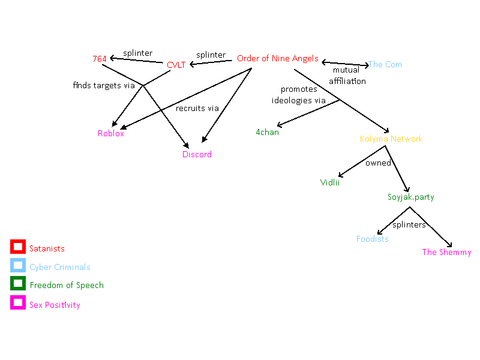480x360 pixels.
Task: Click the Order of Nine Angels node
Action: tap(277, 58)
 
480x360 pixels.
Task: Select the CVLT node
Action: tap(176, 65)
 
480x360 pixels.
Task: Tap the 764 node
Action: tap(100, 59)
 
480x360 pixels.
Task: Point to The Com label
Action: tap(385, 64)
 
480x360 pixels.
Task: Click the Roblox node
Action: tap(111, 133)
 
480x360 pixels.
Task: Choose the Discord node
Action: tap(197, 154)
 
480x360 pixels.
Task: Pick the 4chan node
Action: tap(267, 132)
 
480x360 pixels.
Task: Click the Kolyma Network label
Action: tap(391, 139)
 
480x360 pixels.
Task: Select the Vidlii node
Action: tap(329, 182)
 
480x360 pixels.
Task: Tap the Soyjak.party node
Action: tap(410, 197)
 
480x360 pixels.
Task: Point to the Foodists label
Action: tap(372, 239)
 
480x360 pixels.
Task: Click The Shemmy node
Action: tap(446, 252)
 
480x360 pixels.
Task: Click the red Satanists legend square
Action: tap(17, 247)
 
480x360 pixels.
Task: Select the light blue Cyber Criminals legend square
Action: tap(17, 265)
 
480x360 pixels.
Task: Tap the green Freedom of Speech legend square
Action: tap(17, 284)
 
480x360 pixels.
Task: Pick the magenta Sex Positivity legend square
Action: tap(17, 303)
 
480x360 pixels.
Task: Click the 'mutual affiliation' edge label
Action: tap(347, 76)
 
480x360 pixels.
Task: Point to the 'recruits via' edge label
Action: tap(197, 109)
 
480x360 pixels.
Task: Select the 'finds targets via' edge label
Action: tap(104, 85)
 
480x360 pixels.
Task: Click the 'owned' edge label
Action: tap(378, 163)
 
